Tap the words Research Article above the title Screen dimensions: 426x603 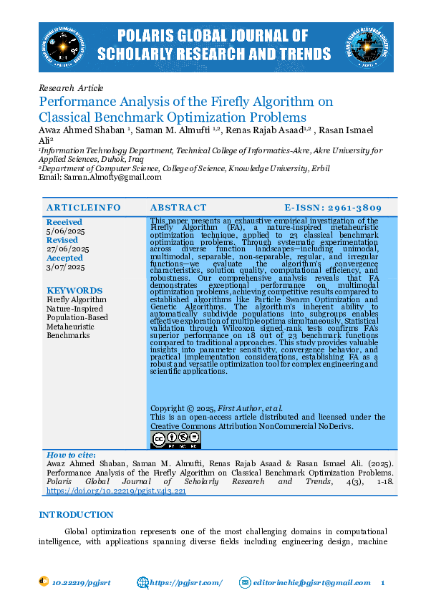point(71,88)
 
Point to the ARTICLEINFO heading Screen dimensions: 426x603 point(84,207)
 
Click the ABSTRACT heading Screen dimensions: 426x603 point(178,207)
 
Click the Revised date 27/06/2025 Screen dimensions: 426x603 point(67,249)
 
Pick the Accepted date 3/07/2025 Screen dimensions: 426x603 point(65,267)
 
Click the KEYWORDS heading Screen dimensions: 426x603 point(74,291)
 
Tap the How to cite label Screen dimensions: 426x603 point(71,455)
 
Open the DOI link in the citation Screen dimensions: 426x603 point(116,492)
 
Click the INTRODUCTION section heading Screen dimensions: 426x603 point(76,515)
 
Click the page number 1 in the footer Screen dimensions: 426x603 point(383,583)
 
